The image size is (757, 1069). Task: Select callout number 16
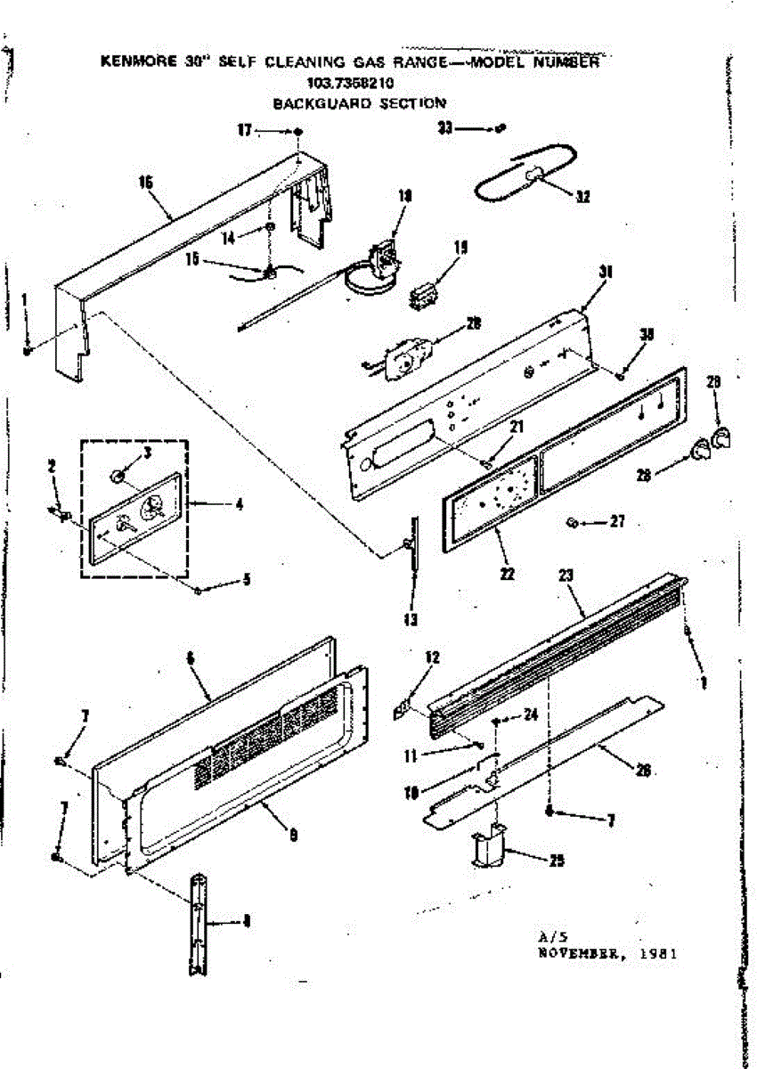coord(146,182)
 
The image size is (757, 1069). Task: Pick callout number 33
coord(444,128)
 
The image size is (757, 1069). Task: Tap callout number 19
coord(460,249)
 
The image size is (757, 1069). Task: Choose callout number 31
coord(606,273)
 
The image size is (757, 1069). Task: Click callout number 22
coord(507,574)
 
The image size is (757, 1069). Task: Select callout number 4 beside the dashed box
coord(239,503)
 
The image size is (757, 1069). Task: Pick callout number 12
coord(433,657)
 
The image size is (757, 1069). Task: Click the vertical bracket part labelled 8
coord(197,926)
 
